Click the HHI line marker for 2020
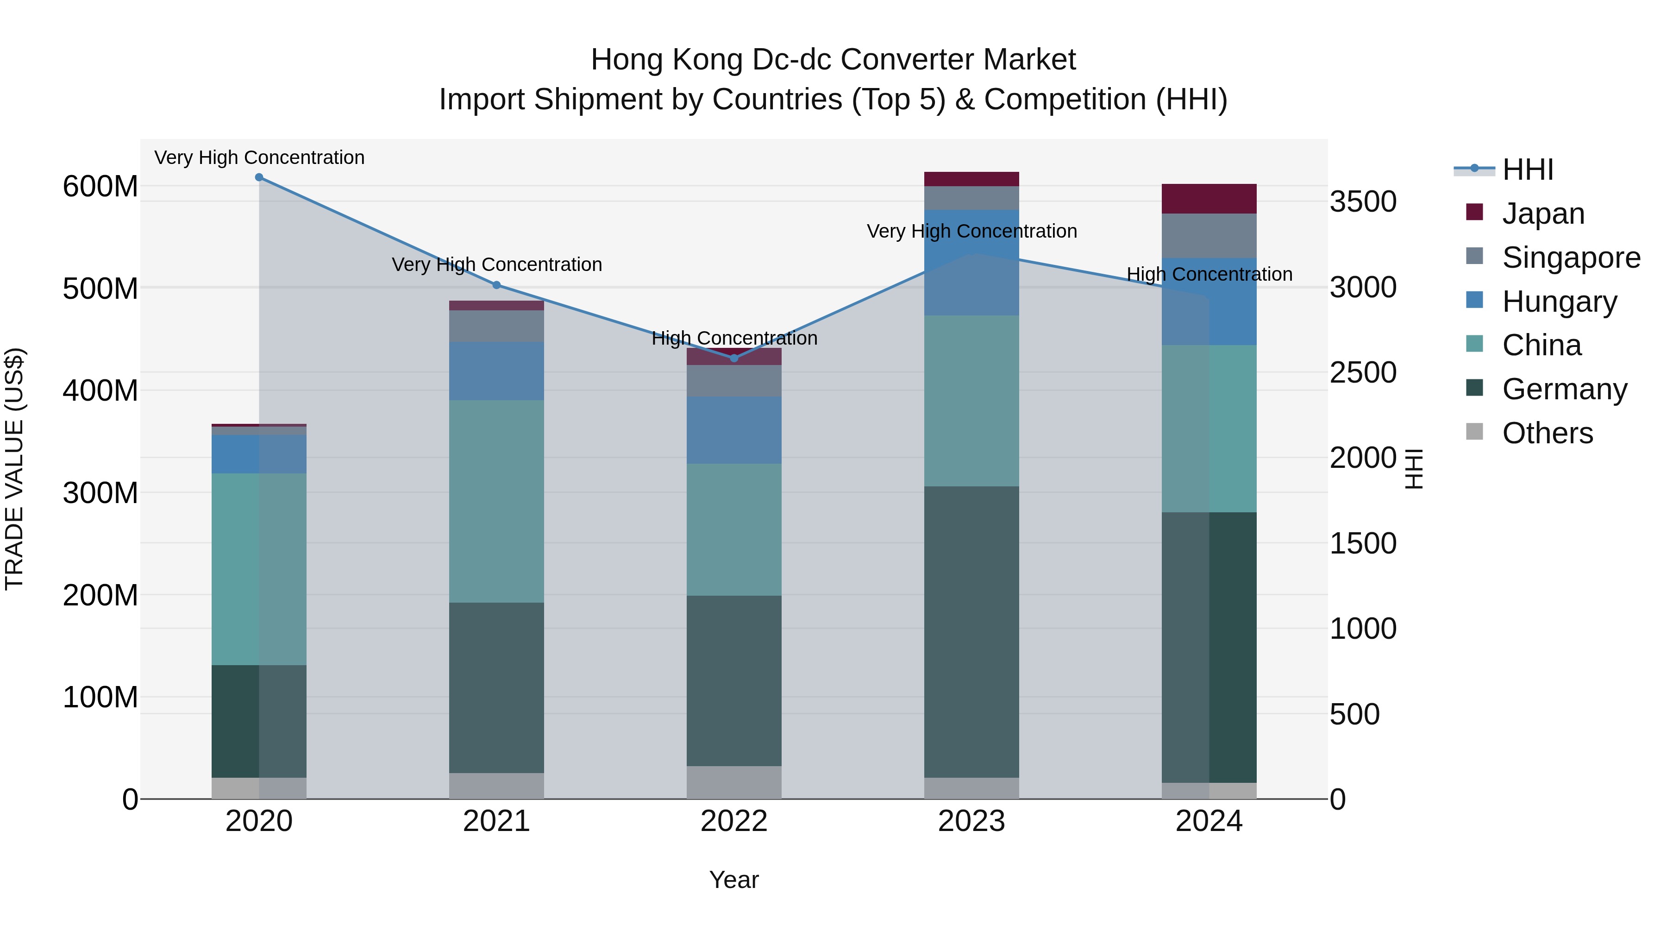259,177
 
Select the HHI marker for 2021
496,285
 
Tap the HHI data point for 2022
734,358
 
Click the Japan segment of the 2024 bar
1209,199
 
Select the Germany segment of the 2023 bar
971,631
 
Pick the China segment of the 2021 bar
496,501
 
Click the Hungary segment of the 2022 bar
734,430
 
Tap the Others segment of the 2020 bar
259,788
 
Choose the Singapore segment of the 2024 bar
1209,236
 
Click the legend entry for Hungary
1559,302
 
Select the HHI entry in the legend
1527,170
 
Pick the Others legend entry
1547,433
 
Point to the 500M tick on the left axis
100,289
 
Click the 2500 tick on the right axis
1363,373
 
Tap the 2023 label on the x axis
971,821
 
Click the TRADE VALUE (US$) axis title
14,469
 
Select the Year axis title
734,880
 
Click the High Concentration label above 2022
734,338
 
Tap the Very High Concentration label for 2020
259,157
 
